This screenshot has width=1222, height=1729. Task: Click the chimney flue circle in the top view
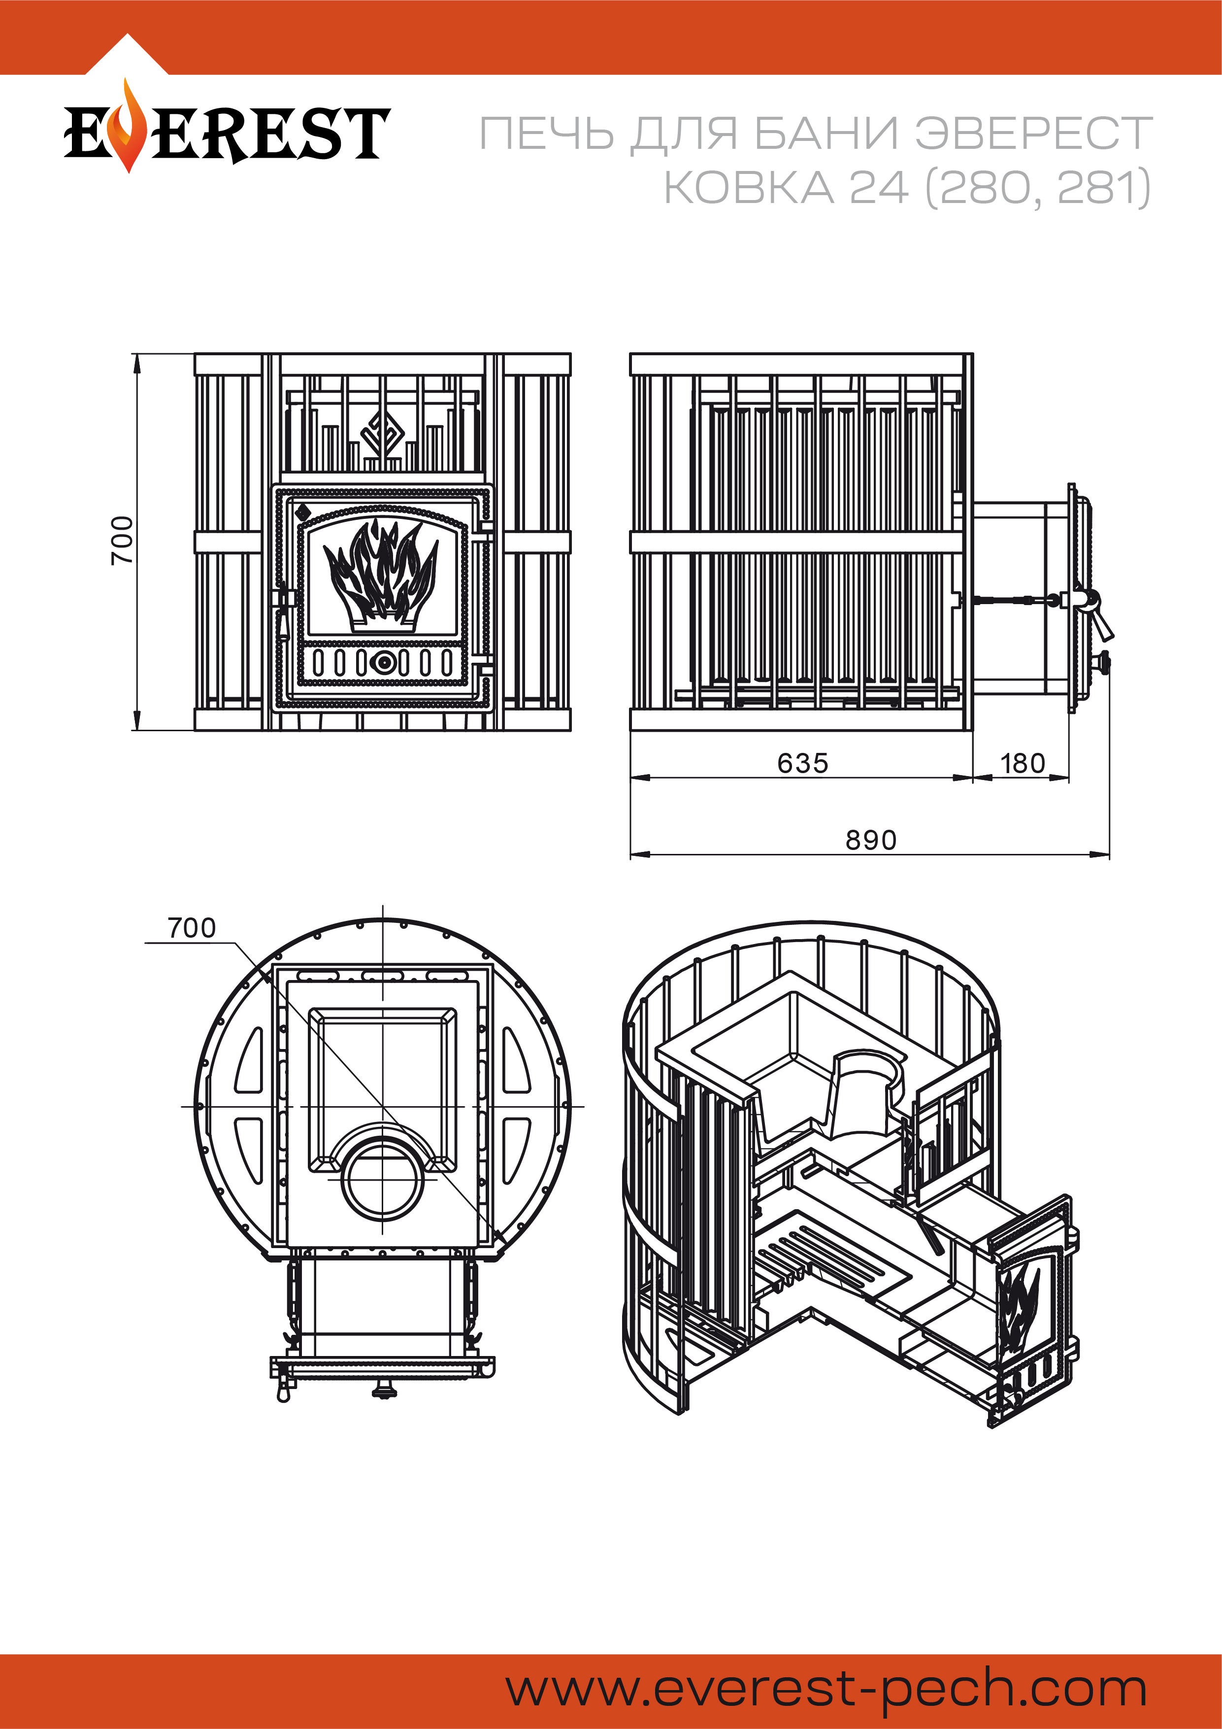(383, 1181)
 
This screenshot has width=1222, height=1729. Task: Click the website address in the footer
(826, 1689)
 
